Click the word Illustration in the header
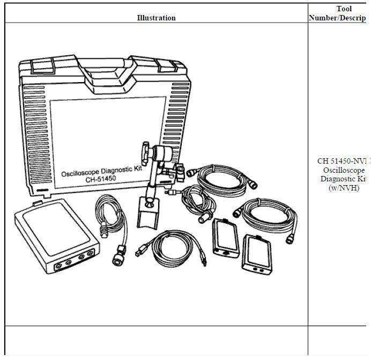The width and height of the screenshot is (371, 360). (156, 18)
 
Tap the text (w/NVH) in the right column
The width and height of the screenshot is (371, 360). (343, 187)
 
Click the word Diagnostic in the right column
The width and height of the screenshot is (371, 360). (340, 179)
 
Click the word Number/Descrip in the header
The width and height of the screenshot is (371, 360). (337, 18)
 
